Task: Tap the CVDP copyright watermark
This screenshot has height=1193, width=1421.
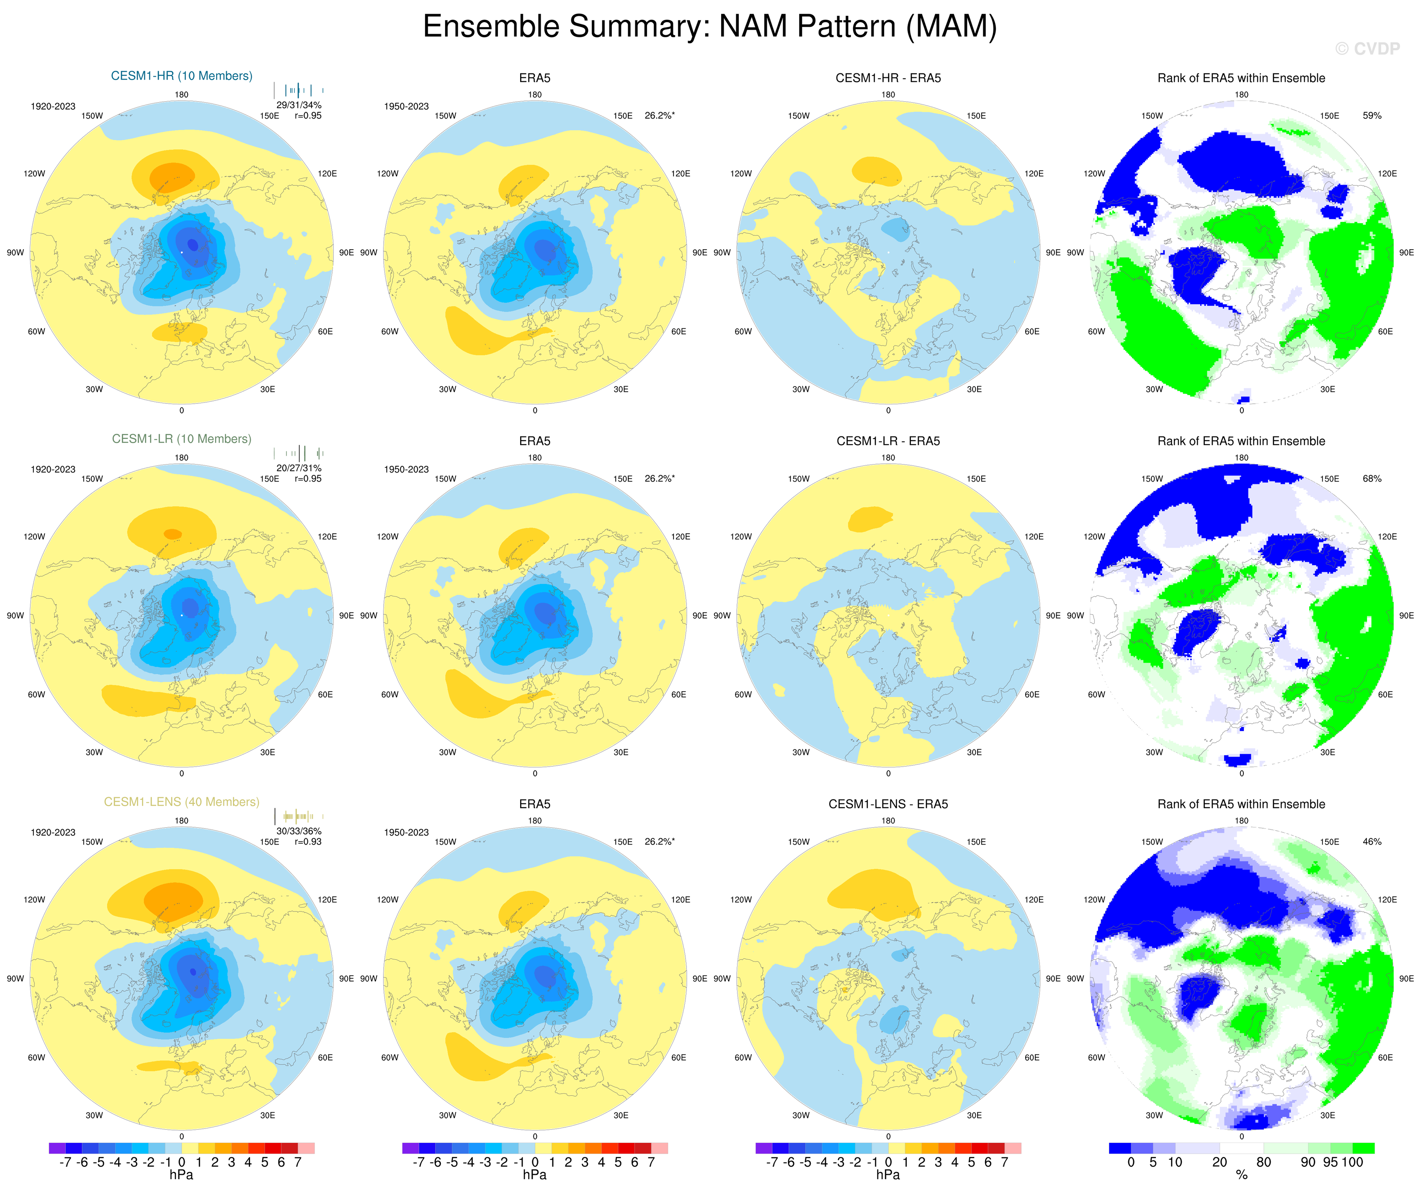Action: tap(1367, 49)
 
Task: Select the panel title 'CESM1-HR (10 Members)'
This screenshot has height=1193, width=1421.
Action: tap(181, 76)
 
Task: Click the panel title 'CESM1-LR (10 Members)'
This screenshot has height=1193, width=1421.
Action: tap(181, 439)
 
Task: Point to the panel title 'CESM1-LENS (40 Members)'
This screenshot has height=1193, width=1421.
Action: tap(181, 802)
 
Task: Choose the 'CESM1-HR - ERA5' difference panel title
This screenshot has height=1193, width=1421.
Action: tap(888, 78)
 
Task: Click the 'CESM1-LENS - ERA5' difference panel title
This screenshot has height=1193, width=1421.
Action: tap(888, 804)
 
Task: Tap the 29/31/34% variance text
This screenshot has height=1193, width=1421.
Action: tap(299, 105)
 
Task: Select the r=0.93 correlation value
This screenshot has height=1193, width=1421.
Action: tap(308, 842)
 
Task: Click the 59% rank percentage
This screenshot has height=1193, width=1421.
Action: tap(1372, 116)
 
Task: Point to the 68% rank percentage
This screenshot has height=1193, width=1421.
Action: tap(1372, 478)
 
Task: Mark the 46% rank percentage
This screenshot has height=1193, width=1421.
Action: tap(1372, 842)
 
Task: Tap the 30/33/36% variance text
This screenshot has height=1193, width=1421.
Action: tap(299, 831)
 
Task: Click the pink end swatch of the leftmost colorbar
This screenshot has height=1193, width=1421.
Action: tap(306, 1148)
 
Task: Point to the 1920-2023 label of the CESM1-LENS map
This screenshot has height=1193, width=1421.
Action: tap(53, 832)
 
